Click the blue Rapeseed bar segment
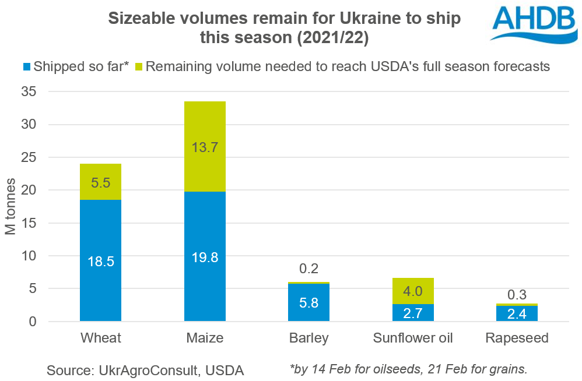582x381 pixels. (517, 313)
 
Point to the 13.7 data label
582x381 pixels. (205, 147)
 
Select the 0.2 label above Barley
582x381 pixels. (309, 270)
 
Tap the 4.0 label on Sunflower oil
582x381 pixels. (413, 291)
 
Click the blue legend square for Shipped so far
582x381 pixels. (26, 66)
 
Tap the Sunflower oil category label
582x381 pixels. (413, 338)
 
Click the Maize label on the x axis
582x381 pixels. (205, 338)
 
